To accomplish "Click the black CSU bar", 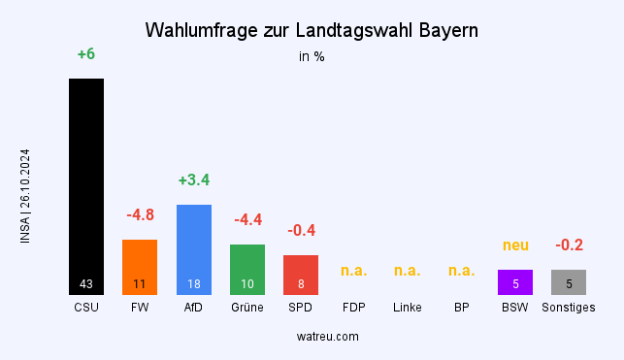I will [85, 184].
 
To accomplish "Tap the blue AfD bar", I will [193, 248].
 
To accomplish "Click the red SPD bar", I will [301, 274].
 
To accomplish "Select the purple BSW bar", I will [515, 281].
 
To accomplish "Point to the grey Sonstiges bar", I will [569, 281].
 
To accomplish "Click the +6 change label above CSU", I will [85, 54].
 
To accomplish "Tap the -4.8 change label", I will [140, 214].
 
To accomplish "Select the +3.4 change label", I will [193, 180].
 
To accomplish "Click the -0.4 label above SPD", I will [301, 230].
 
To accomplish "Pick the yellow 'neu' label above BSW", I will [515, 245].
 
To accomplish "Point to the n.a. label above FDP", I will [354, 270].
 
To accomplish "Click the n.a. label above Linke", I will [408, 270].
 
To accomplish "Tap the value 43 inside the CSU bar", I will [85, 284].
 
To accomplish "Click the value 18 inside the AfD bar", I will [193, 284].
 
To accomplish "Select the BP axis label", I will [461, 308].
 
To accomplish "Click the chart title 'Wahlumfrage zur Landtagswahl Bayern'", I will [312, 30].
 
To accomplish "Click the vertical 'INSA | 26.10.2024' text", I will [25, 196].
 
